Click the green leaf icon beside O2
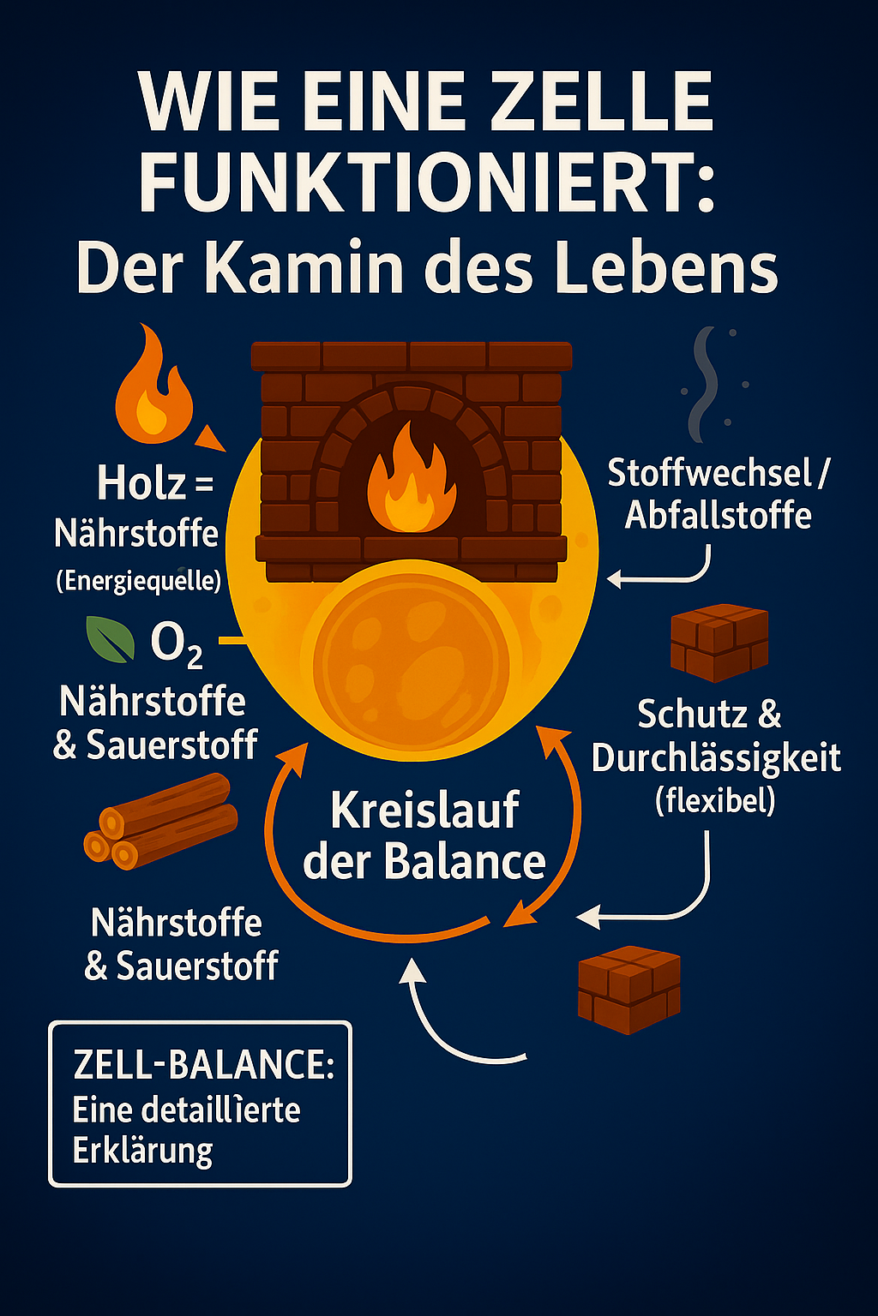coord(111,640)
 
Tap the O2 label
coord(177,643)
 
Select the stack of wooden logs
coord(160,822)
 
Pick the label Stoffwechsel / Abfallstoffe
coord(718,493)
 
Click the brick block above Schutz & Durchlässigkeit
coord(719,643)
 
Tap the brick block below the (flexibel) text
coord(629,989)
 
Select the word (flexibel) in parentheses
coord(715,800)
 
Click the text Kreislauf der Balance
coord(424,835)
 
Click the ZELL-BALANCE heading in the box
coord(203,1065)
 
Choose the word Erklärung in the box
coord(142,1151)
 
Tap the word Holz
coord(141,483)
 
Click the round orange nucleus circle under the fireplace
coord(412,661)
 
